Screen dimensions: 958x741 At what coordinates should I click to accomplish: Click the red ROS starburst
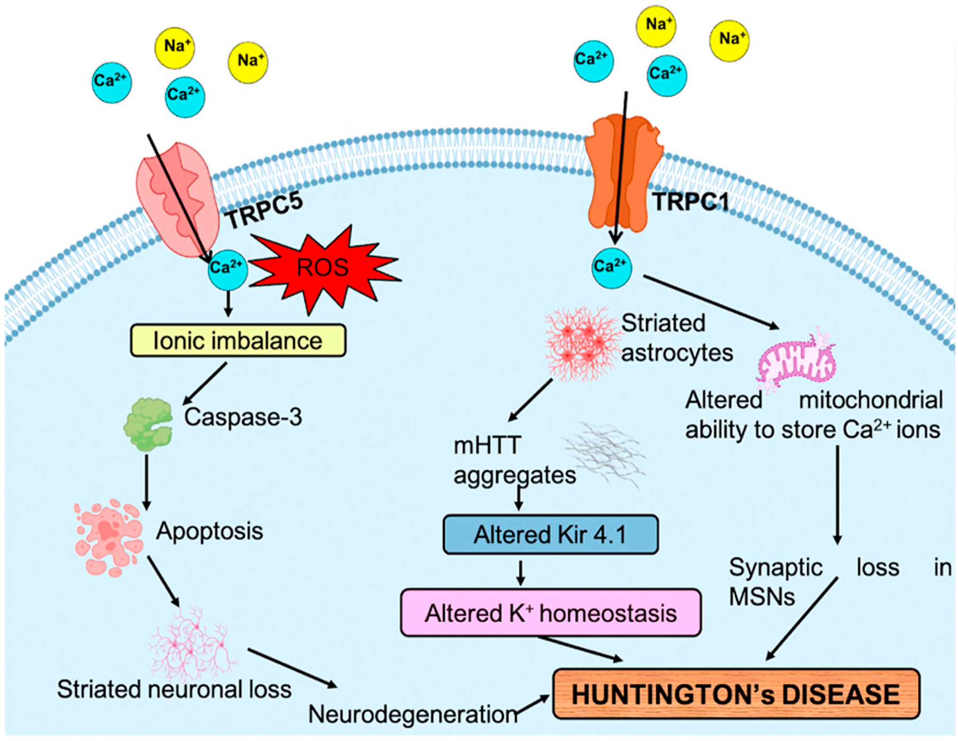point(324,268)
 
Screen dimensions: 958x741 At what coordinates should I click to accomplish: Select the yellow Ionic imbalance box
point(238,340)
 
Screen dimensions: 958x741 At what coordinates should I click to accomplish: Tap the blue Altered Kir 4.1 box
point(550,535)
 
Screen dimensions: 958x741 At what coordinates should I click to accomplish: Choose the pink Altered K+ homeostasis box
point(551,613)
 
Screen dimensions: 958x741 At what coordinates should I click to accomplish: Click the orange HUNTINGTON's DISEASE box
point(736,694)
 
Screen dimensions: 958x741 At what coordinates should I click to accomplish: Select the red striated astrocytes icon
point(581,343)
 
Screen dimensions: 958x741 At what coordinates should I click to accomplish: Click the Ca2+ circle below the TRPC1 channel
point(611,267)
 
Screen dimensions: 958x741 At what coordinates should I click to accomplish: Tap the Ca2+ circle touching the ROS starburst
point(228,269)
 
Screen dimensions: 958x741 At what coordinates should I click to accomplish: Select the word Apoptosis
point(210,532)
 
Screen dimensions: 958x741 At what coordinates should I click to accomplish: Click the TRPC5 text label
point(265,211)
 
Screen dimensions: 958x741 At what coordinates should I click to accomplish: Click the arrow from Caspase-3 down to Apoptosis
point(147,482)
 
